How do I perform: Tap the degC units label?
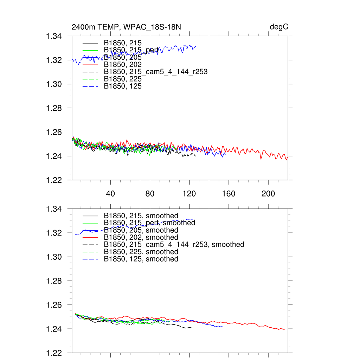coord(279,27)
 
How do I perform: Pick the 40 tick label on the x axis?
coord(111,194)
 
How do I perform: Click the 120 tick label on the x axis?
coord(189,194)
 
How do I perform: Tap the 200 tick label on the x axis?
coord(268,194)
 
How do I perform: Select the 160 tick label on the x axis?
coord(229,194)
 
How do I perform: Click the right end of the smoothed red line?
coord(284,330)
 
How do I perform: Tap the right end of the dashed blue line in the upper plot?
coord(196,46)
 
